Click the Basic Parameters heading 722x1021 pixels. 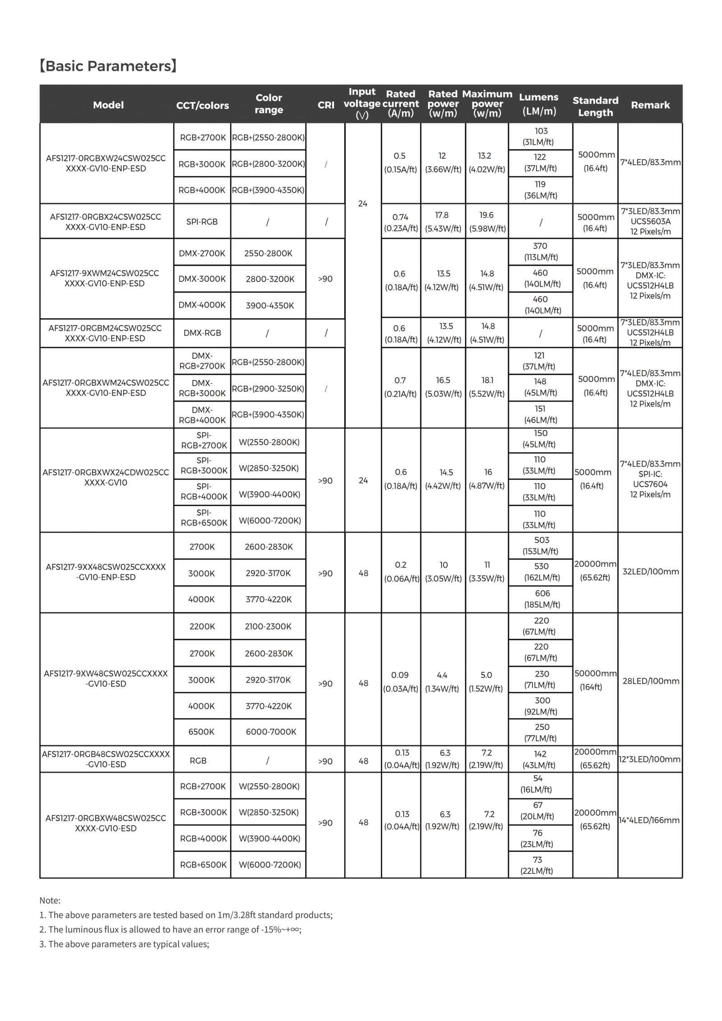(x=108, y=66)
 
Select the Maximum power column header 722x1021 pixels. (x=487, y=104)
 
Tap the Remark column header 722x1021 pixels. (x=650, y=105)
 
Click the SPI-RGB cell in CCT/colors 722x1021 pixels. (x=202, y=222)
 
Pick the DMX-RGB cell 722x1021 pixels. (x=202, y=333)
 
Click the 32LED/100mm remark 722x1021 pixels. (x=650, y=572)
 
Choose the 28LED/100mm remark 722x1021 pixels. (x=650, y=681)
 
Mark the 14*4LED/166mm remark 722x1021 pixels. (x=649, y=820)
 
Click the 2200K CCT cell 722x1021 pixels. (x=202, y=626)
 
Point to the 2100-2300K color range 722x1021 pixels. (x=268, y=626)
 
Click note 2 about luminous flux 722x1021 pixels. (x=170, y=929)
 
